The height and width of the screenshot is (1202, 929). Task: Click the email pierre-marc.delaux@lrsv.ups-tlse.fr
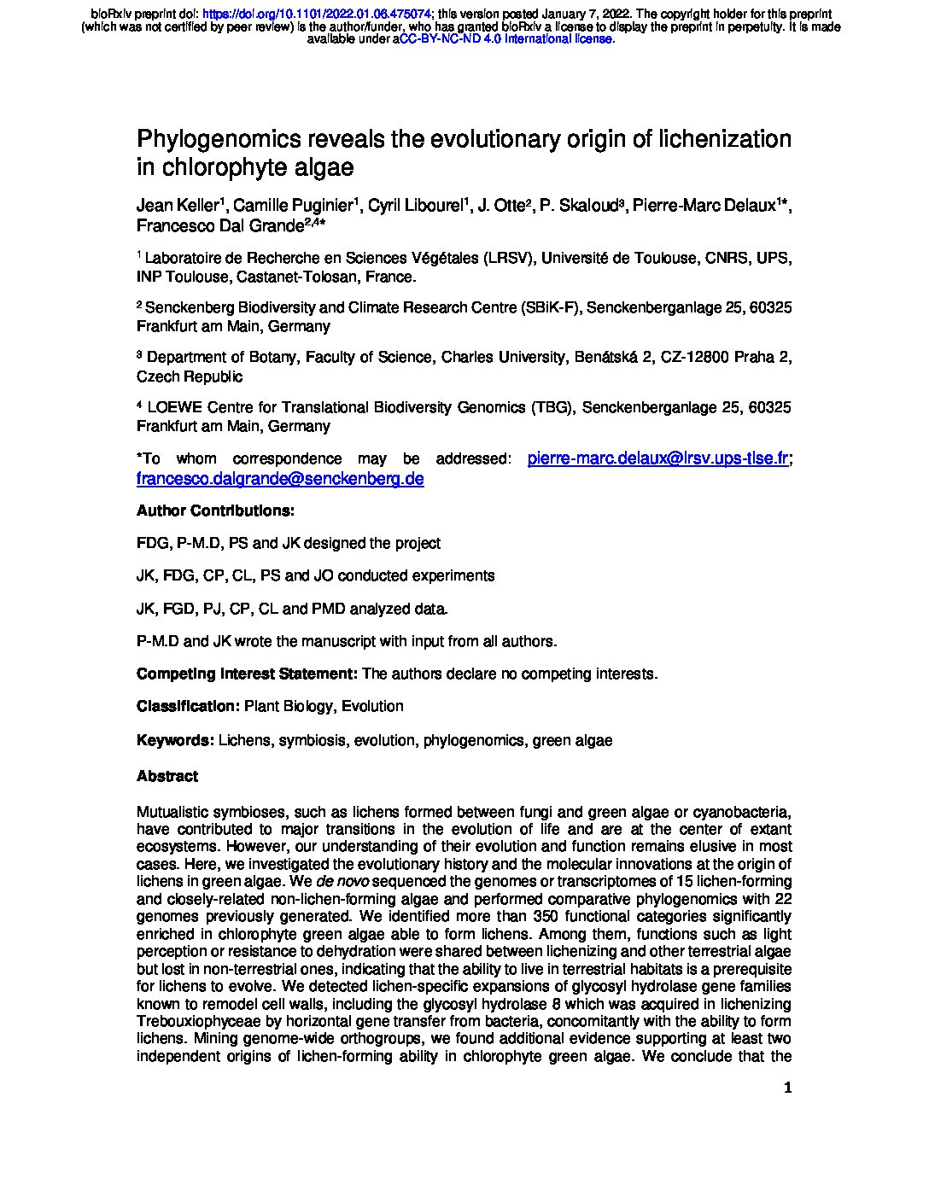coord(657,458)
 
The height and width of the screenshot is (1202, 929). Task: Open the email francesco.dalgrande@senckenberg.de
coord(280,479)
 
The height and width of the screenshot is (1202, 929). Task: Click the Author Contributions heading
coord(215,511)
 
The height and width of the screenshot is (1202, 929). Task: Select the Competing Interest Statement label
coord(247,674)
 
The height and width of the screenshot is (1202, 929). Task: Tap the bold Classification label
coord(188,707)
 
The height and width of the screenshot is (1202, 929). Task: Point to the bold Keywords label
coord(175,741)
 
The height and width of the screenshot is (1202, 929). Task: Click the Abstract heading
coord(167,776)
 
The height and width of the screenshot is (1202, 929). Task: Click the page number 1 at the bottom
coord(787,1088)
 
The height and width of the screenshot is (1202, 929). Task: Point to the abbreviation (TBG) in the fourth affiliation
coord(552,408)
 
